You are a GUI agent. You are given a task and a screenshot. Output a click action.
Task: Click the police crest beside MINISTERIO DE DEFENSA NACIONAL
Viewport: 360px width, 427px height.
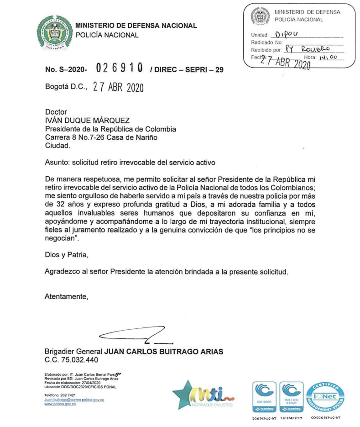click(54, 32)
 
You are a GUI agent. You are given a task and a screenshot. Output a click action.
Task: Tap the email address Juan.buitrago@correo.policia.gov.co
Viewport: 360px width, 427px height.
click(74, 400)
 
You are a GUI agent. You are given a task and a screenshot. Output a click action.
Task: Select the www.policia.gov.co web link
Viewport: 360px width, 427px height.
click(60, 404)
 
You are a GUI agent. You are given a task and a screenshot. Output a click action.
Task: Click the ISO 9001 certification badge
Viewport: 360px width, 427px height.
click(264, 396)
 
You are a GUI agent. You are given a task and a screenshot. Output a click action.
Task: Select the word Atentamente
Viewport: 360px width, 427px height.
click(65, 297)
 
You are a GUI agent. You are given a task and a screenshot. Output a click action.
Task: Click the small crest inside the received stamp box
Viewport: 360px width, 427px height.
click(261, 16)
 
